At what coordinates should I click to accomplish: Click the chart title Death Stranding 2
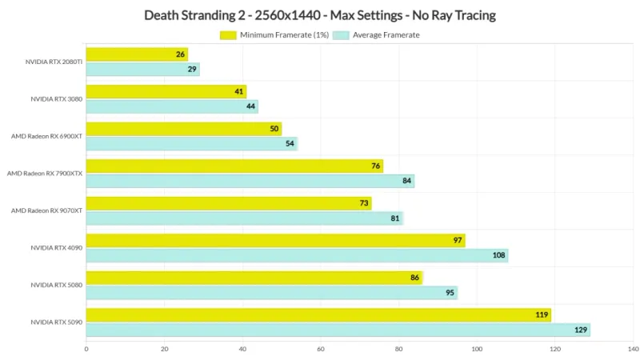(320, 14)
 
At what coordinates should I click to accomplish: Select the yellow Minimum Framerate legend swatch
(228, 35)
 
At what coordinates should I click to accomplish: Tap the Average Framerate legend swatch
(340, 35)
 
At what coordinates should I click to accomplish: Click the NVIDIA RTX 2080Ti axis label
(54, 62)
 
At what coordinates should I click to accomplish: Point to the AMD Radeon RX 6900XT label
(46, 136)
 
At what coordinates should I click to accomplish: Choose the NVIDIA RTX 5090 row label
(56, 322)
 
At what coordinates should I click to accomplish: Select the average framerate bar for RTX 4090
(296, 255)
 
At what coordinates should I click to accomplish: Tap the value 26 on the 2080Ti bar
(182, 54)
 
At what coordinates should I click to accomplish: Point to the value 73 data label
(365, 203)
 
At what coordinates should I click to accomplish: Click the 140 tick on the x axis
(633, 349)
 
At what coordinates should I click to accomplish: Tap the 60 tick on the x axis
(321, 349)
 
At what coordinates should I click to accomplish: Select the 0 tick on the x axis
(86, 349)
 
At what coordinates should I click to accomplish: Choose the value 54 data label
(290, 144)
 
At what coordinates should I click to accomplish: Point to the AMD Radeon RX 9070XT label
(46, 210)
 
